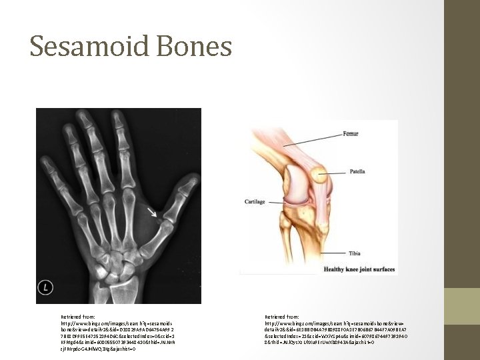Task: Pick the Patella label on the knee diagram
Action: pyautogui.click(x=357, y=171)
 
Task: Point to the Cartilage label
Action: pyautogui.click(x=254, y=201)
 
